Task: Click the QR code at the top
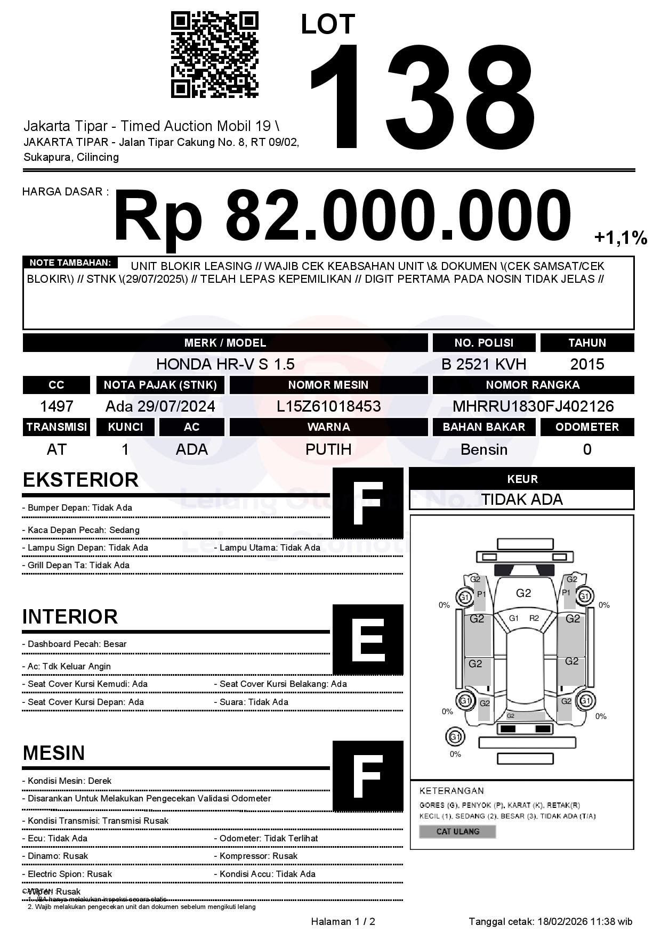[214, 55]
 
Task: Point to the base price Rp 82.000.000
[342, 216]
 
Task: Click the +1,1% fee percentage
[620, 237]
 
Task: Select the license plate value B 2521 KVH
[483, 364]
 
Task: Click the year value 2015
[587, 364]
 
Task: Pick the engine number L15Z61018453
[328, 406]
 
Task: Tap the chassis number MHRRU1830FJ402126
[533, 406]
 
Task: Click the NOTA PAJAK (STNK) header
[160, 384]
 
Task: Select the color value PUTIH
[328, 449]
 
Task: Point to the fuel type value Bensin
[483, 449]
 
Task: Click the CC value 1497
[57, 406]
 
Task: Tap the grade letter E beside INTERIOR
[368, 639]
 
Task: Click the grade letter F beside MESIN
[368, 776]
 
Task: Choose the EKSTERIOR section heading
[80, 480]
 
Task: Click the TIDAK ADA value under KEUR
[522, 499]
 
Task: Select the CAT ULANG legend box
[457, 831]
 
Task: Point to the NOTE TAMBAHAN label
[70, 263]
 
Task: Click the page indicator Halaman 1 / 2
[343, 921]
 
